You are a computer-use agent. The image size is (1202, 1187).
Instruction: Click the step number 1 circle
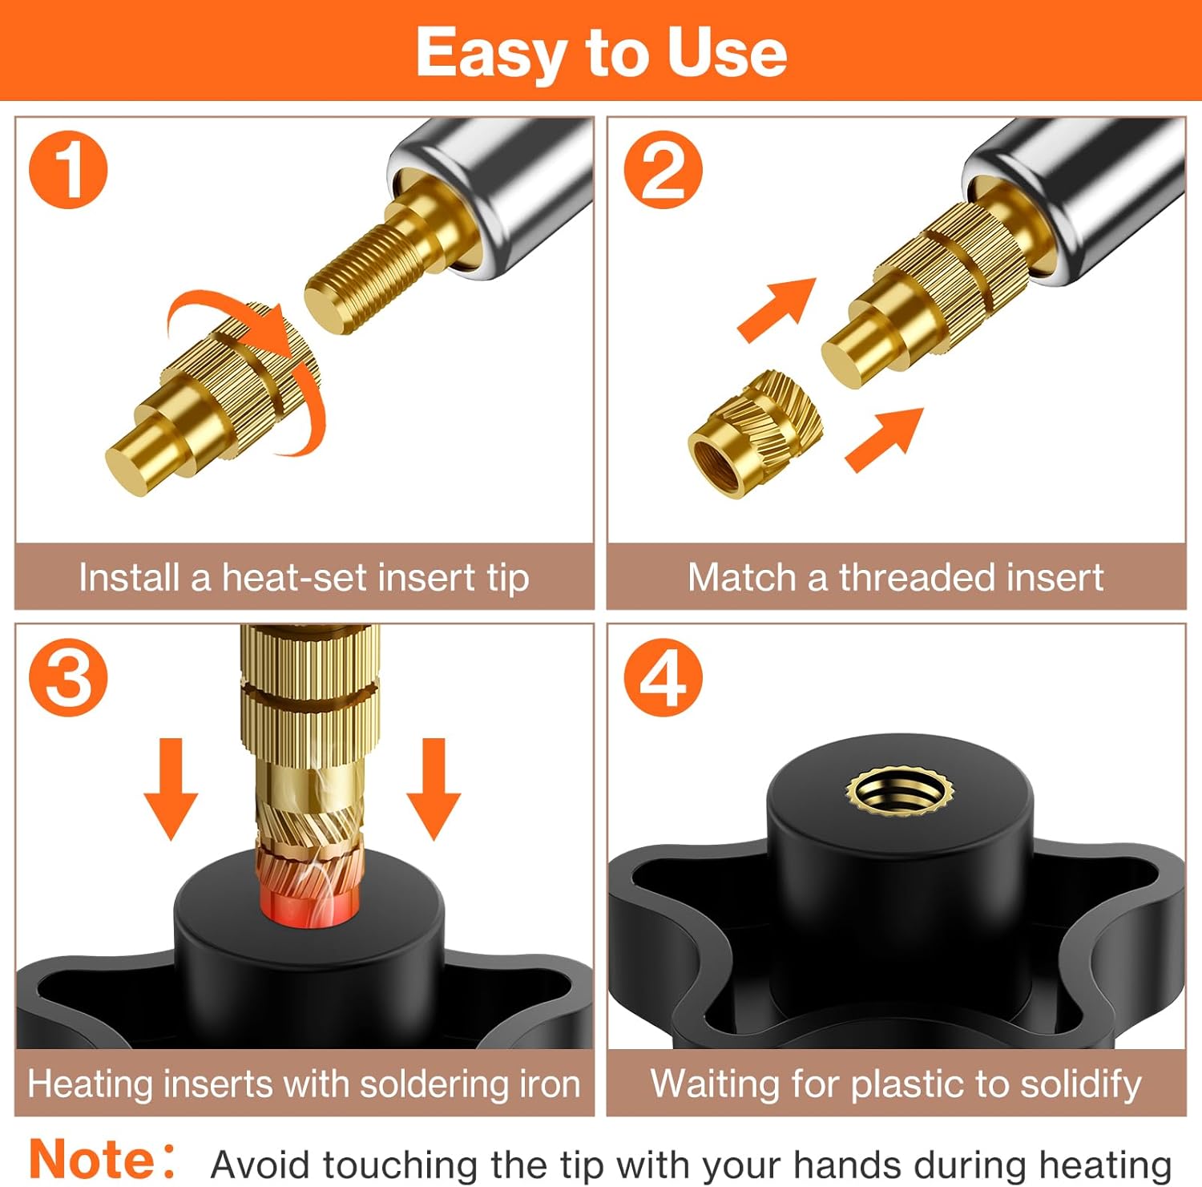pyautogui.click(x=68, y=170)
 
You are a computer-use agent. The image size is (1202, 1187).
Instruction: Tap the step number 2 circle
pyautogui.click(x=663, y=170)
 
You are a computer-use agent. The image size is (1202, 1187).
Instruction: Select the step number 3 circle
pyautogui.click(x=68, y=677)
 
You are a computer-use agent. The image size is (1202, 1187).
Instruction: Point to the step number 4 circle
pyautogui.click(x=663, y=677)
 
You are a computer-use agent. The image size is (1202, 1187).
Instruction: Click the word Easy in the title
pyautogui.click(x=490, y=54)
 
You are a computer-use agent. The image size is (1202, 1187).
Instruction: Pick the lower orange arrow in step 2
pyautogui.click(x=884, y=438)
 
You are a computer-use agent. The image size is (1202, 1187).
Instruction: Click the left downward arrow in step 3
pyautogui.click(x=171, y=789)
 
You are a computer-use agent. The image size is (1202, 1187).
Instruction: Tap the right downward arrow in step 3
pyautogui.click(x=434, y=789)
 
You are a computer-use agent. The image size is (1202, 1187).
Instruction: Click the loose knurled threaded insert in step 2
pyautogui.click(x=755, y=434)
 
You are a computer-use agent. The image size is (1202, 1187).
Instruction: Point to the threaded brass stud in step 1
pyautogui.click(x=377, y=269)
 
